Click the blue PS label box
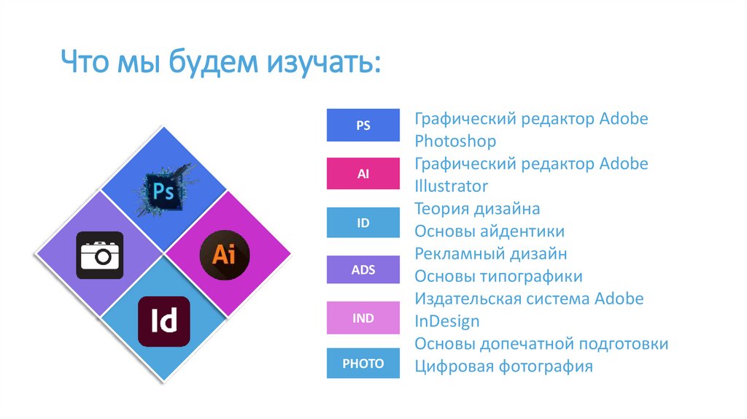pos(363,125)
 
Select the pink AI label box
pos(363,174)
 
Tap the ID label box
pos(363,223)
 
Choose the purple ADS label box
pos(363,270)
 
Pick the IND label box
pos(363,318)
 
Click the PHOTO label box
pos(363,364)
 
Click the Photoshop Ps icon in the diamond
pos(164,191)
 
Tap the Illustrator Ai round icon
pos(225,255)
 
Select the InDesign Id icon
pos(163,321)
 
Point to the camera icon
pos(100,255)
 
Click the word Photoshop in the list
pos(455,141)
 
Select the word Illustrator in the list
pos(451,186)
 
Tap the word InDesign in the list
pos(447,321)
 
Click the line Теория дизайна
pos(477,209)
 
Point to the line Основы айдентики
pos(489,231)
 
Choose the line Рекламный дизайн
pos(491,254)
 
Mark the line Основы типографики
pos(498,277)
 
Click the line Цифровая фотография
pos(503,366)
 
